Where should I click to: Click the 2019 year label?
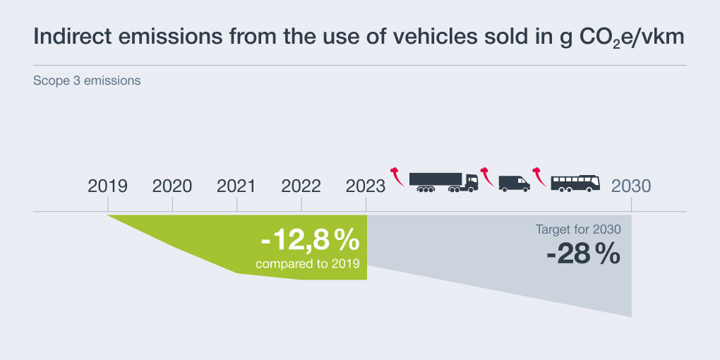[107, 186]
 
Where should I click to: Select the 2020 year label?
[172, 186]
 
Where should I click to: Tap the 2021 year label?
[236, 186]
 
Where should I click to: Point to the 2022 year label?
[301, 186]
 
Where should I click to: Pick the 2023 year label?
[366, 186]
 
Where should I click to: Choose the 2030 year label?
[631, 186]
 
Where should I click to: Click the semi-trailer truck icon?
[443, 182]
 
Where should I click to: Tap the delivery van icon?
[514, 183]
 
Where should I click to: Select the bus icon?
[575, 183]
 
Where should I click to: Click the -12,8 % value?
[310, 241]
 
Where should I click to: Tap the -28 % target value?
[583, 253]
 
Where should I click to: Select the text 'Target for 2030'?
[578, 229]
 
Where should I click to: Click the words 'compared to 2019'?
[308, 264]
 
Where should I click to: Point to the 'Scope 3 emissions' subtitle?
[87, 80]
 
